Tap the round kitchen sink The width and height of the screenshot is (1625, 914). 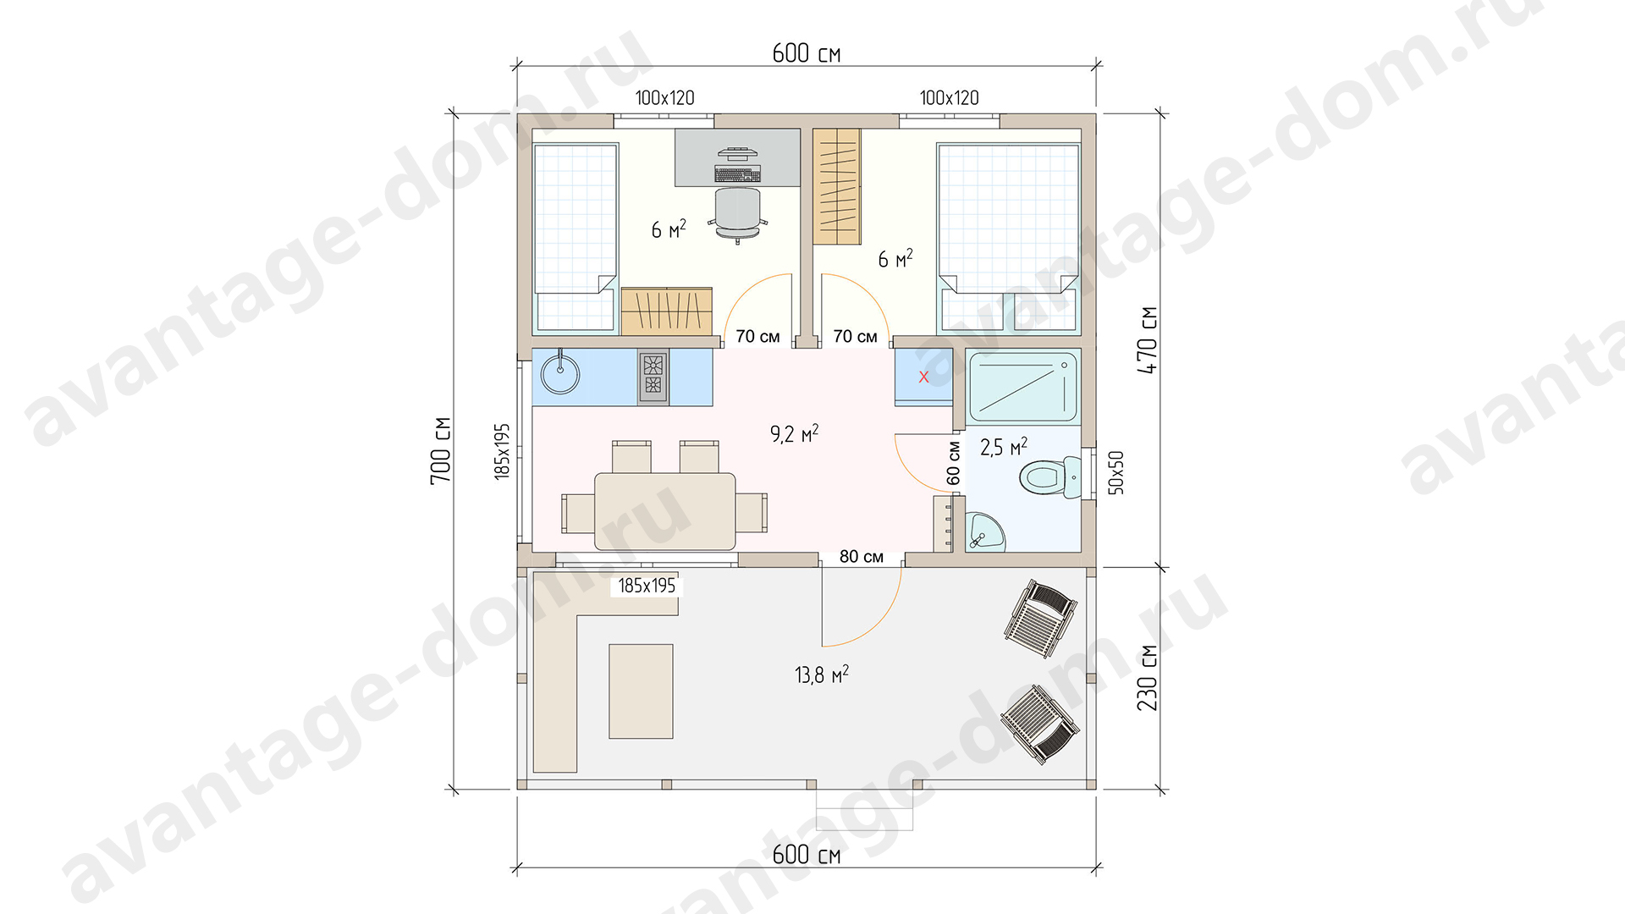[x=560, y=373]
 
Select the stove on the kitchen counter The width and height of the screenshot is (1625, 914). [x=653, y=377]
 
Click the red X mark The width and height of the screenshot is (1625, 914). [x=923, y=377]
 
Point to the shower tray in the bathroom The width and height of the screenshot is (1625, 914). [x=1023, y=388]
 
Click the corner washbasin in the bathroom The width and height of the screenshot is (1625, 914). [x=985, y=531]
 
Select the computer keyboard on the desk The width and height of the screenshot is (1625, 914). [x=738, y=174]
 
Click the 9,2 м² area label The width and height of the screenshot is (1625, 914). [x=794, y=434]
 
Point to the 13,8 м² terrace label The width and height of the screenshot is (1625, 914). [x=821, y=674]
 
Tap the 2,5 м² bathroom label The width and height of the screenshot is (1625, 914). [x=1004, y=447]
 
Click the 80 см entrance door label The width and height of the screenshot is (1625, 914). [x=862, y=557]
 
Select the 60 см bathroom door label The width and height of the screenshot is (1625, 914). [x=954, y=463]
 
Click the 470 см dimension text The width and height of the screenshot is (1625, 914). [x=1147, y=340]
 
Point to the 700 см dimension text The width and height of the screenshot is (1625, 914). [x=440, y=450]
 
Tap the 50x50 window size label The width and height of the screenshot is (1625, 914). [x=1116, y=472]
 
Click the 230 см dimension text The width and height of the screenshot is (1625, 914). [x=1147, y=678]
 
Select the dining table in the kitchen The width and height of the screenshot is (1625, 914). [x=665, y=511]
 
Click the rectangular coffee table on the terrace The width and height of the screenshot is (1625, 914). [x=641, y=691]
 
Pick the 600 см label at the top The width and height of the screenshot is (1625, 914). [x=807, y=53]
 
